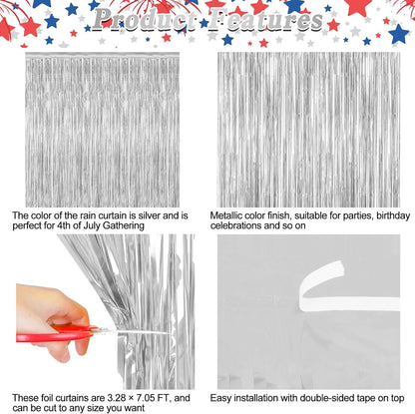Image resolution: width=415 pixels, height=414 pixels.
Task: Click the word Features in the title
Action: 266,20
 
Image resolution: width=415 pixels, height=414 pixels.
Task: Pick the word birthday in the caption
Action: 393,216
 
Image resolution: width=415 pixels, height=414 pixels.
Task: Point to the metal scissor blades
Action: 137,331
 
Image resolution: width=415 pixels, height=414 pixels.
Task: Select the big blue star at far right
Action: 398,34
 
